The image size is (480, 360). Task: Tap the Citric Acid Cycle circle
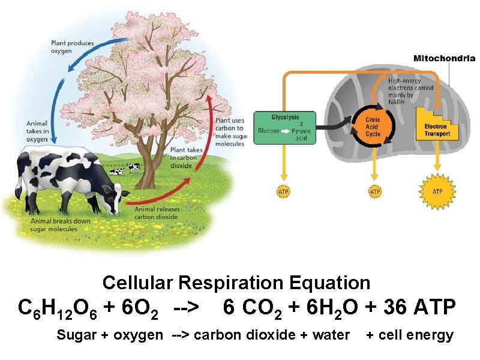click(x=373, y=126)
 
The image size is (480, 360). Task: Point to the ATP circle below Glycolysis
click(x=284, y=191)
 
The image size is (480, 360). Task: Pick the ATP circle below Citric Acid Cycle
click(x=374, y=191)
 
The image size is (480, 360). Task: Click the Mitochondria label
click(x=445, y=58)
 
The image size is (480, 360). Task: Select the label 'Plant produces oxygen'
click(x=72, y=47)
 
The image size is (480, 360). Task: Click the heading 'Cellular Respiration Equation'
click(x=236, y=282)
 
